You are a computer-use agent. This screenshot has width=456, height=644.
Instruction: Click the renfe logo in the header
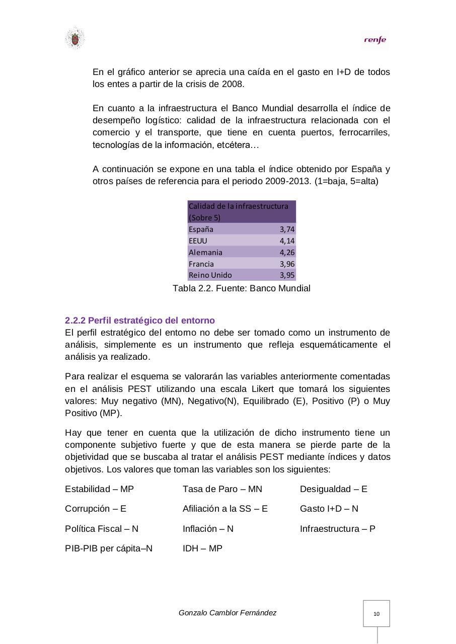(375, 40)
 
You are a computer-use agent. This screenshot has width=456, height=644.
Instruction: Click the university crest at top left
(74, 39)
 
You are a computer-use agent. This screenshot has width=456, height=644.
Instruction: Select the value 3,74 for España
(287, 229)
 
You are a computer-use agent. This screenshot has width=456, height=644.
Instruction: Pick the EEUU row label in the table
(198, 241)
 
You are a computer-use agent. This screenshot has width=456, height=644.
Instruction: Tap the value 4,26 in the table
(287, 253)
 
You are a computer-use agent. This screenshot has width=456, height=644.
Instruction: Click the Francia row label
(201, 264)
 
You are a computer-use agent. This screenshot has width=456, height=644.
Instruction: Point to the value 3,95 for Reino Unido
(287, 275)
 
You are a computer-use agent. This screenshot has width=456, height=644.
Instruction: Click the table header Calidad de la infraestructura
(238, 206)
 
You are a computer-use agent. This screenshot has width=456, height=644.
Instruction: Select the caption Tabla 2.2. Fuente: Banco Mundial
(241, 288)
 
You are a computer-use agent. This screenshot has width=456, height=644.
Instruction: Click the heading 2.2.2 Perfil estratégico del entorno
(140, 320)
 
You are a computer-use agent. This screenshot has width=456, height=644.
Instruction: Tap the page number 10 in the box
(376, 614)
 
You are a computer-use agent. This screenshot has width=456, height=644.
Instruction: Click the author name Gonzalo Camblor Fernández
(227, 613)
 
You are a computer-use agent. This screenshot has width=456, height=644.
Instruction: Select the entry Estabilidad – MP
(99, 489)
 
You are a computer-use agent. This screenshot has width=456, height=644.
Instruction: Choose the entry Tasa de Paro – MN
(222, 489)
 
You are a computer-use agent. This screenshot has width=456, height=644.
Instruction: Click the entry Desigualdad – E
(333, 489)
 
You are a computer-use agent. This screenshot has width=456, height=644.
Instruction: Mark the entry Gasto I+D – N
(329, 509)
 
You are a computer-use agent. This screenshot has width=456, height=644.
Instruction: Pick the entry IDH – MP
(202, 548)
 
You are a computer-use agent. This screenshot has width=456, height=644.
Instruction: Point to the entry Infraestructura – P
(337, 529)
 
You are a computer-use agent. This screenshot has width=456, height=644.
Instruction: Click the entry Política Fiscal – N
(102, 529)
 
